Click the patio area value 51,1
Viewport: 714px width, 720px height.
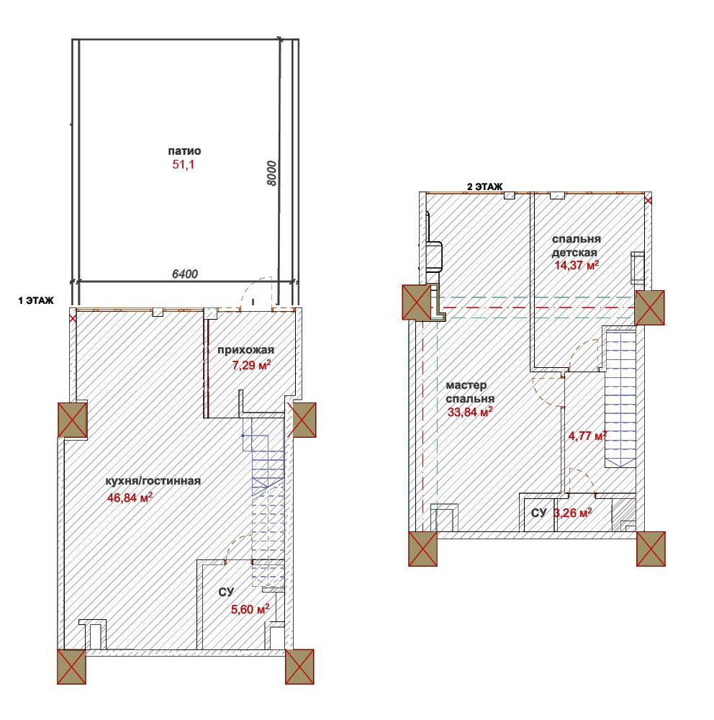click(184, 164)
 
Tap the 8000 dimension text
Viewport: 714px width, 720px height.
click(272, 173)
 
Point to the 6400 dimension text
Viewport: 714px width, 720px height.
click(184, 274)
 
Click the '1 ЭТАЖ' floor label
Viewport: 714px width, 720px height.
click(36, 300)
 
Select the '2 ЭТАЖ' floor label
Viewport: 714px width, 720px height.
click(485, 187)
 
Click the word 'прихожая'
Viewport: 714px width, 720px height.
click(245, 350)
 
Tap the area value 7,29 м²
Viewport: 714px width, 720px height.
click(251, 366)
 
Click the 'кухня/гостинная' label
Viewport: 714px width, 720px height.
click(153, 481)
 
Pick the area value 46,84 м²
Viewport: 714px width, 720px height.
click(130, 498)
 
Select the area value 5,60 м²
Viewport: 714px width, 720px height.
click(250, 609)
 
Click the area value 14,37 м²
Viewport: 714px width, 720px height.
click(577, 265)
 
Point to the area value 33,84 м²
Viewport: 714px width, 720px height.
click(470, 412)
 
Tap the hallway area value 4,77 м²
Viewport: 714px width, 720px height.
click(587, 436)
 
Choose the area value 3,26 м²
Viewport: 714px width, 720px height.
click(573, 513)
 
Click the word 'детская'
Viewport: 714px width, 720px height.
click(574, 253)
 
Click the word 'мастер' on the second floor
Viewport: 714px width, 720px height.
click(466, 385)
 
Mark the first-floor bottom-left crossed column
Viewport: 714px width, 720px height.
click(72, 667)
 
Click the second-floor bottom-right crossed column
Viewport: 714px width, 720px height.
click(651, 549)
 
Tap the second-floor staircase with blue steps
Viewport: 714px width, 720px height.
click(620, 398)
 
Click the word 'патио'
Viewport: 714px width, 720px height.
click(184, 151)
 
